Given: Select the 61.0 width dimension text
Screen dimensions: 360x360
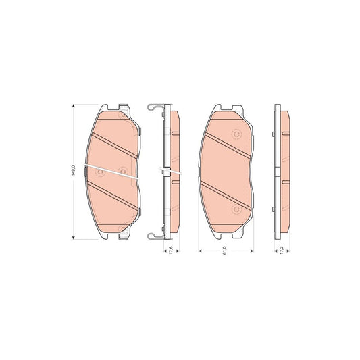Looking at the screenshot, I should [226, 251].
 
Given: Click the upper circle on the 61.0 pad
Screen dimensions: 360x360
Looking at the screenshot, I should [237, 133].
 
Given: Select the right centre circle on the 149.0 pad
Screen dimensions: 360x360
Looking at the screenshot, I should [122, 172].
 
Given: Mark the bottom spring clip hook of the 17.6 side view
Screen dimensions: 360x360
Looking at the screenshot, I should [153, 236].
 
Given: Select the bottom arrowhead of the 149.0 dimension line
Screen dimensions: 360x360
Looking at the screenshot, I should [73, 237].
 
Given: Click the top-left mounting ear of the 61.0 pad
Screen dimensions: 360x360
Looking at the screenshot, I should [216, 109].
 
